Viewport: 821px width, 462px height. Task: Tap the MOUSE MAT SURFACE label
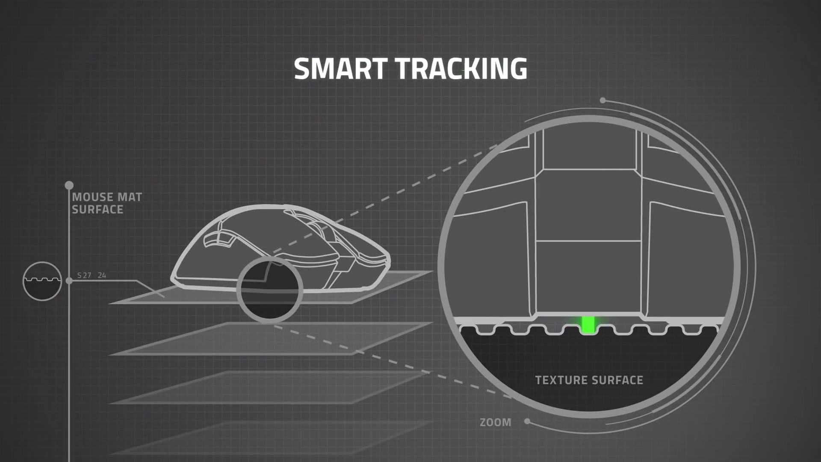107,203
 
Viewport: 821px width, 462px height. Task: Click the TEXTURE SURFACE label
589,380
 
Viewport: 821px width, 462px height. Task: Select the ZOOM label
496,423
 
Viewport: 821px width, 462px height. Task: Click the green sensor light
588,324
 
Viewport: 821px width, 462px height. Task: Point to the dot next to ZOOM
527,421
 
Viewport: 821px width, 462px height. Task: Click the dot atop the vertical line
69,185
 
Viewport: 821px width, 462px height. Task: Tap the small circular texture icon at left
42,281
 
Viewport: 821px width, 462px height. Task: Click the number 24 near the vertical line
102,275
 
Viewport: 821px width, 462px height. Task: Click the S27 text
84,275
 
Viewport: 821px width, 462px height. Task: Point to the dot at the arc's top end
603,101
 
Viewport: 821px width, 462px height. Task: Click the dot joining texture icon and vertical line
69,281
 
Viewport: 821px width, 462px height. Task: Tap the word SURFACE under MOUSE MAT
97,210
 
